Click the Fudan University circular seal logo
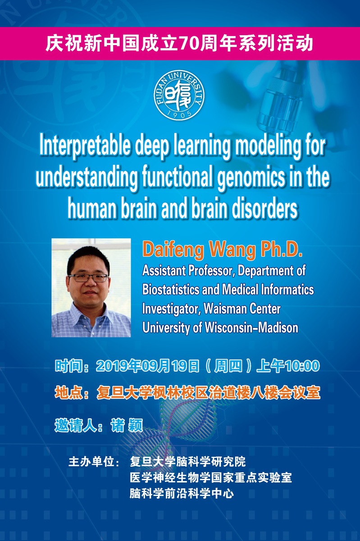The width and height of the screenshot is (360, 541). point(179,95)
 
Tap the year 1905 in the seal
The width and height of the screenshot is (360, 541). point(179,114)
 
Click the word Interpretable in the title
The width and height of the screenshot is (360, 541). point(85,146)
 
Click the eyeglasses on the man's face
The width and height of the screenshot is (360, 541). point(88,278)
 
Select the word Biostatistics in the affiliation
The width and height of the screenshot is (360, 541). point(171,289)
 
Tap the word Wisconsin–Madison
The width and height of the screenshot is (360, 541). point(251,328)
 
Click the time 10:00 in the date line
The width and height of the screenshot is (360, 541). point(302,366)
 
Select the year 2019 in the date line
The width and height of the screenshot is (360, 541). point(112,366)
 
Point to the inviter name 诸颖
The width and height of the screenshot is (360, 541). point(127,425)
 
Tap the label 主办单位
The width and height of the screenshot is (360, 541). point(91,462)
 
